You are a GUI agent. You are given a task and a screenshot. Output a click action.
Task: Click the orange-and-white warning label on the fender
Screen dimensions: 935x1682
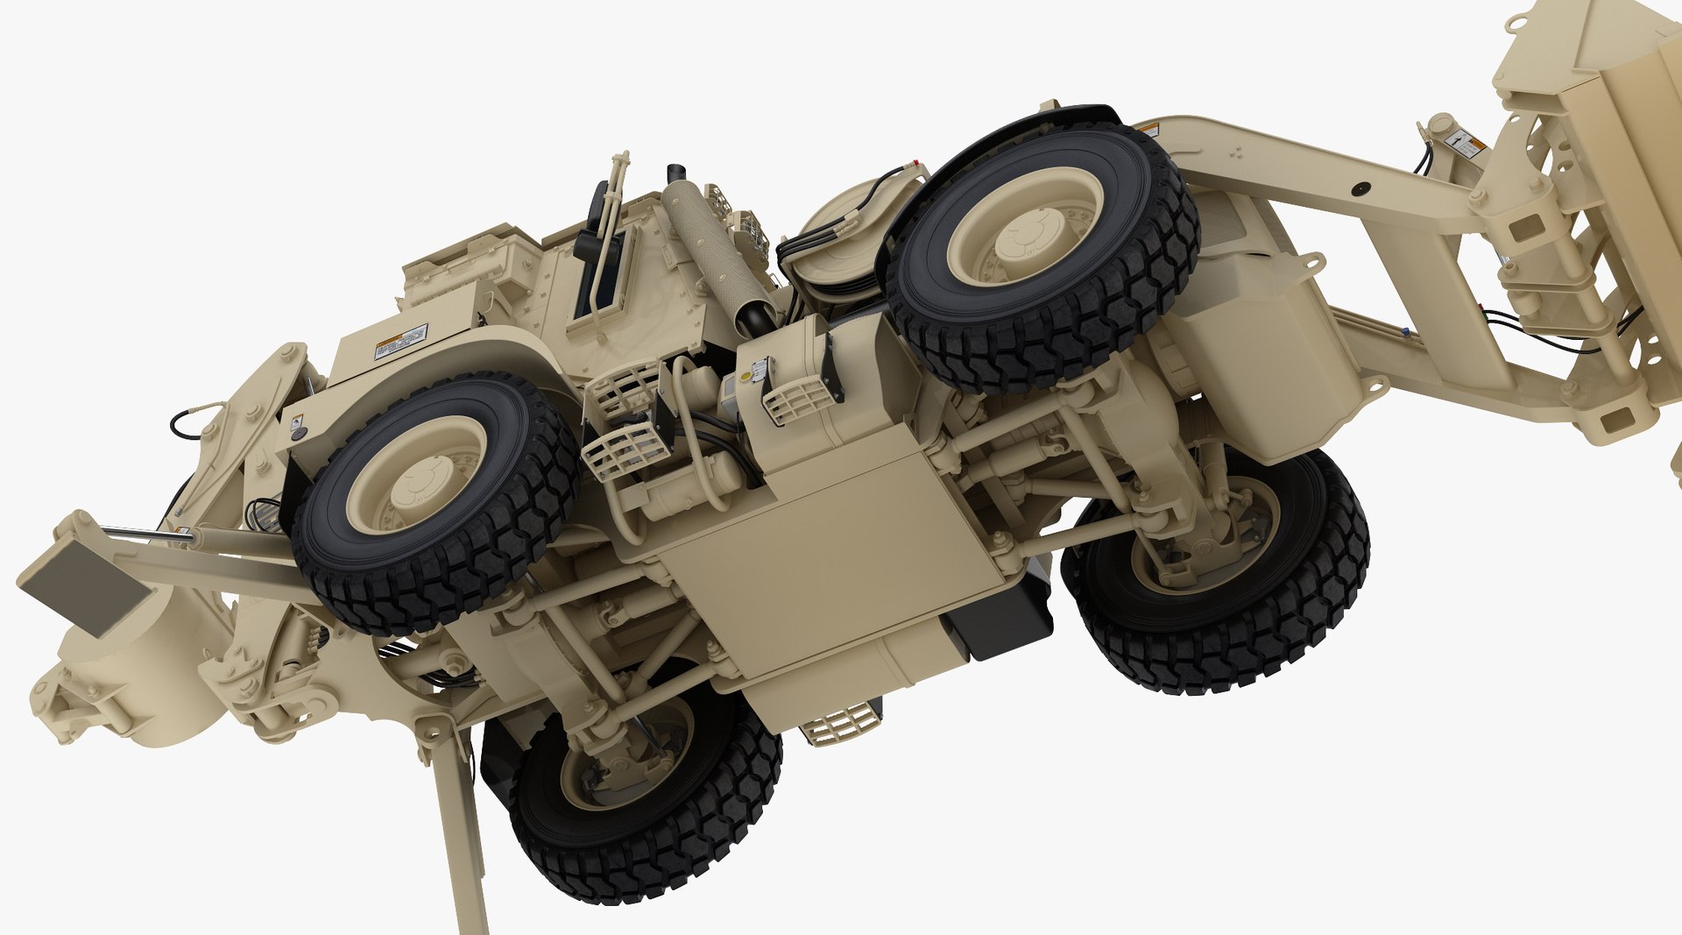click(x=401, y=342)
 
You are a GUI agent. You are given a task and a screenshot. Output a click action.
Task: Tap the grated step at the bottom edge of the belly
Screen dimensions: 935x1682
click(x=840, y=723)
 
